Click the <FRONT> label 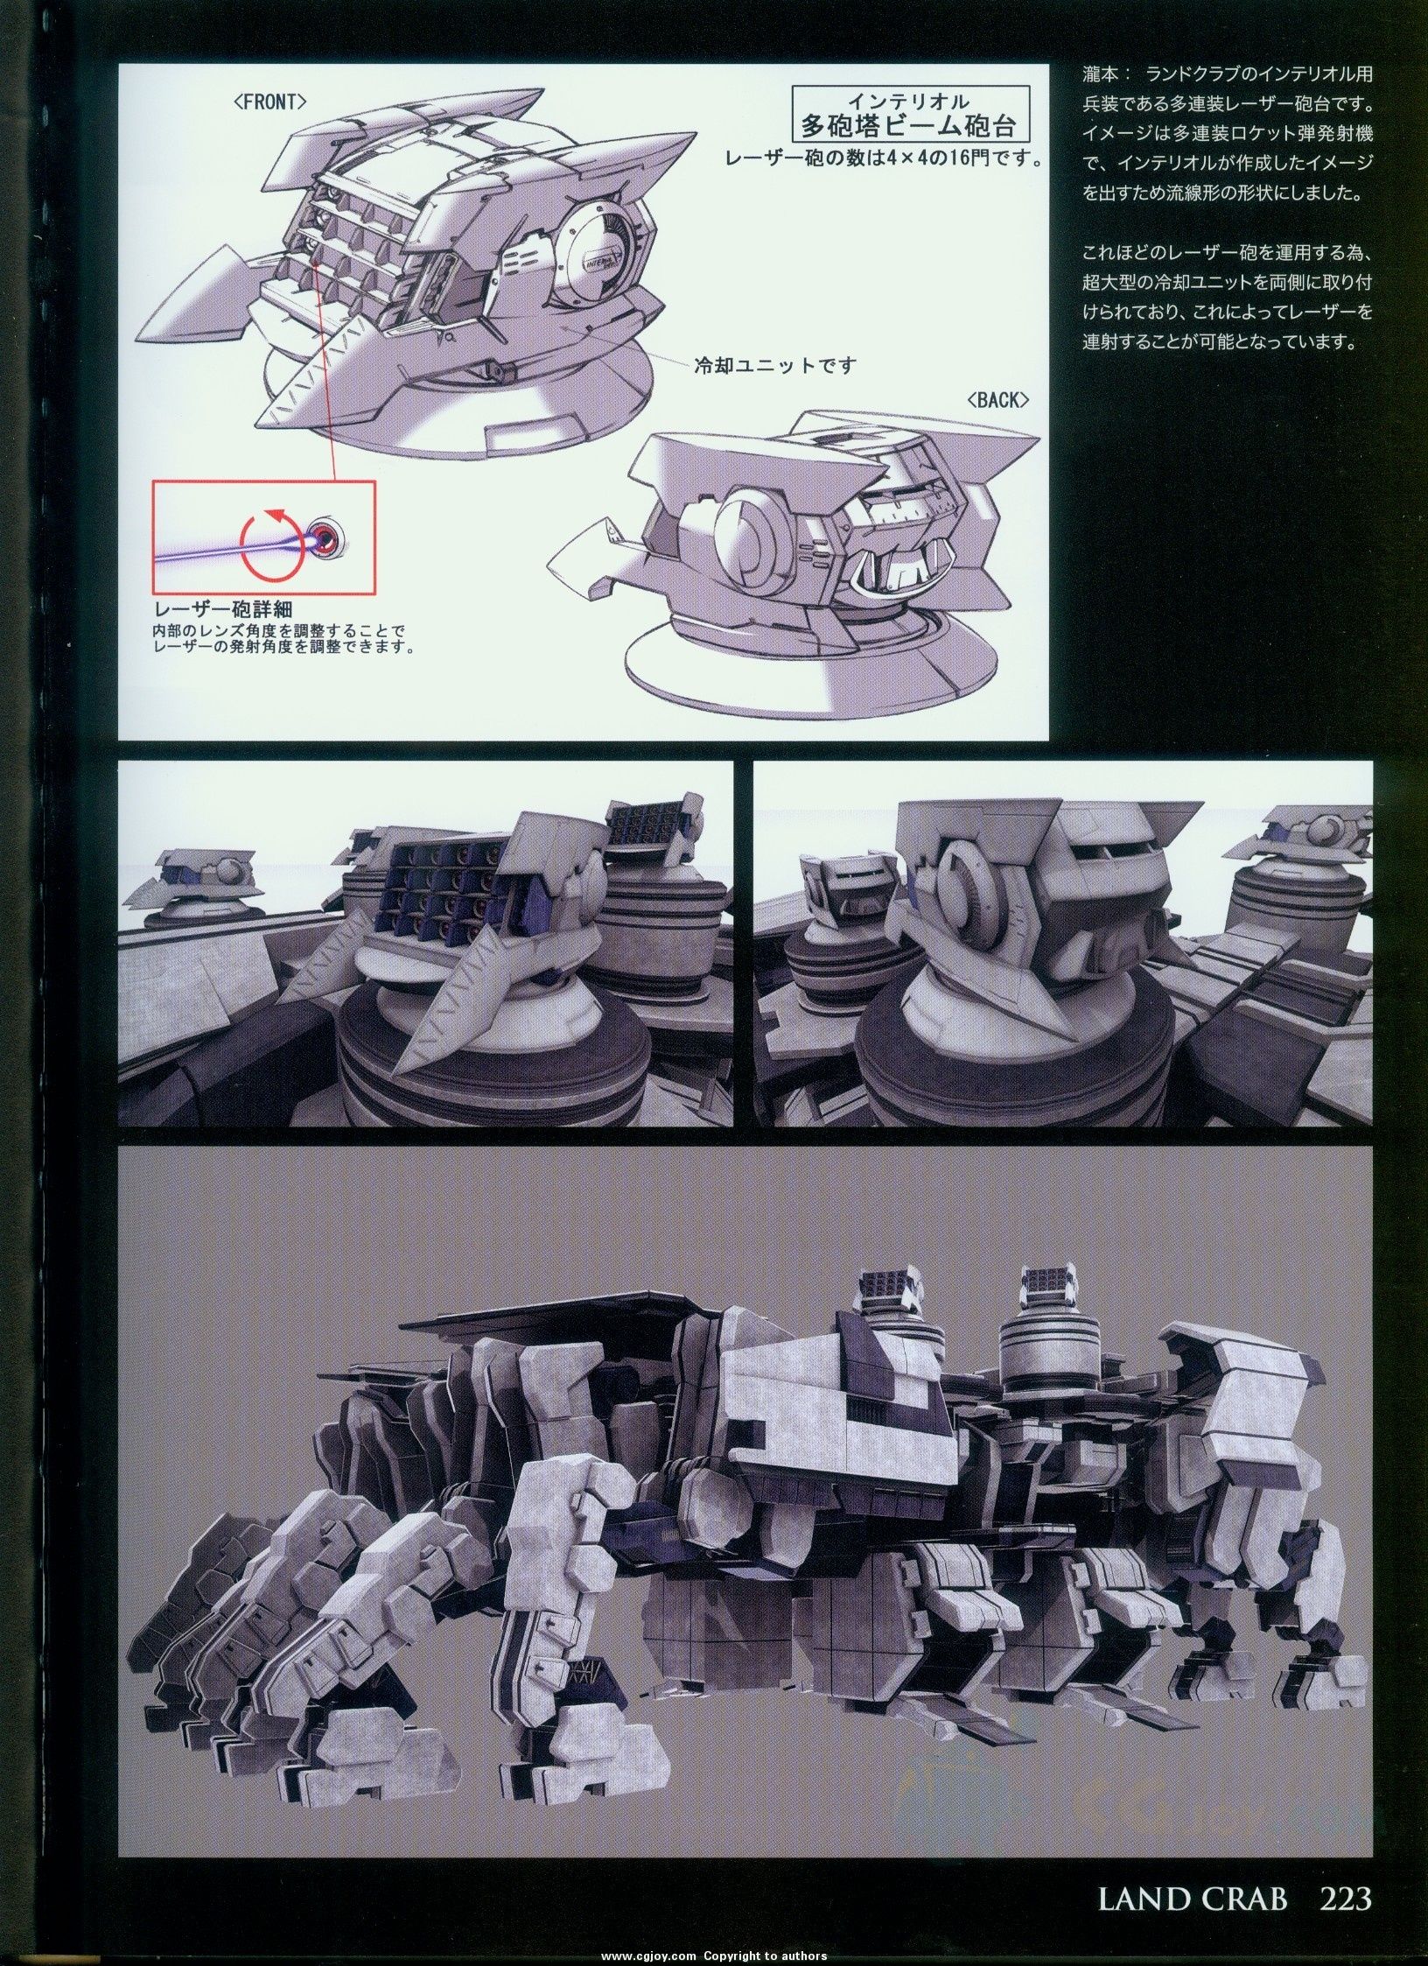[x=269, y=101]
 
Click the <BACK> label [x=997, y=399]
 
